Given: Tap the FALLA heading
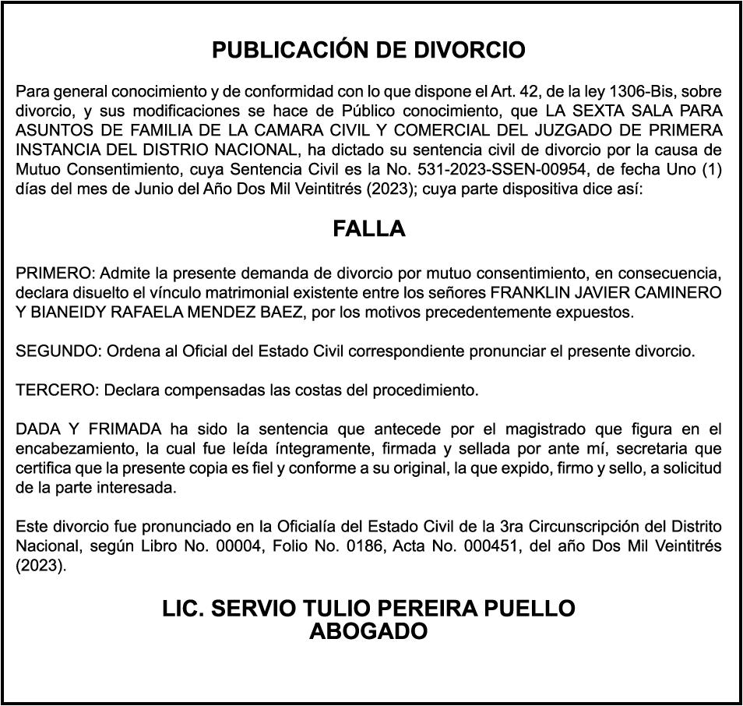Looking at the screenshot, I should pyautogui.click(x=369, y=229).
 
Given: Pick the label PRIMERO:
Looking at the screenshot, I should pyautogui.click(x=55, y=274).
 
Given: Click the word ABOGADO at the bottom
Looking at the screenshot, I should pyautogui.click(x=368, y=632).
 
